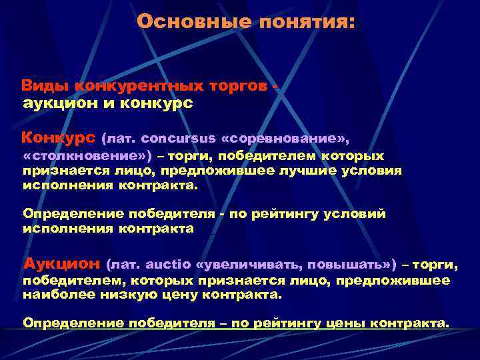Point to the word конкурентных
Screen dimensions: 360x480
127,87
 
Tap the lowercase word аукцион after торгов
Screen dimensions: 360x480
56,103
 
